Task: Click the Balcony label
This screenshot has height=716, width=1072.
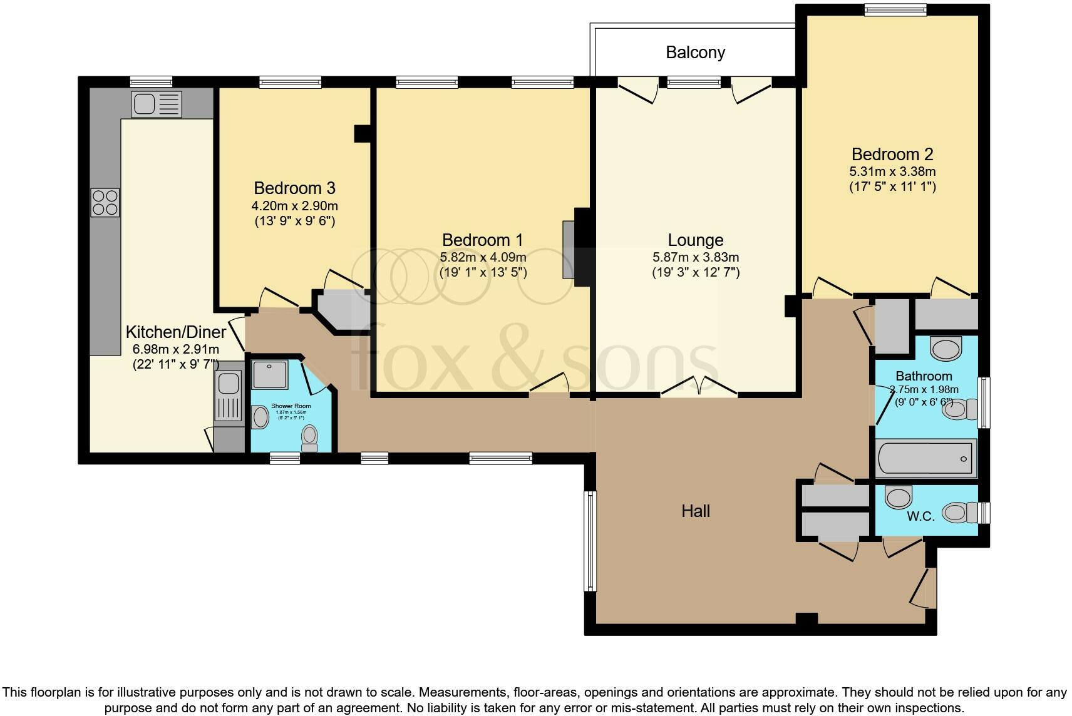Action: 695,52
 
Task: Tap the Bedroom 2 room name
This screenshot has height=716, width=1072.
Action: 892,154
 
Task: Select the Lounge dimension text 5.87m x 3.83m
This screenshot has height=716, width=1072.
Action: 695,257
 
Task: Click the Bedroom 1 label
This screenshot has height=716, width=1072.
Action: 482,240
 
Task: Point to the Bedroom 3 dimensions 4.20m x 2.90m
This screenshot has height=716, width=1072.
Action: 294,205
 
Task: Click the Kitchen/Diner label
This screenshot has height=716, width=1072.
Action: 175,332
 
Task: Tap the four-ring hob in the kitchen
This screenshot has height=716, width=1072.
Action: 105,202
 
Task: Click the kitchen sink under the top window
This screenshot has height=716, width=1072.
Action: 156,104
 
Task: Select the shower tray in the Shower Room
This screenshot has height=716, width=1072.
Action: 271,374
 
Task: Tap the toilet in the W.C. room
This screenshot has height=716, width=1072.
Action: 959,513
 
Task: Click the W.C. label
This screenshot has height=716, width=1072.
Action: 920,516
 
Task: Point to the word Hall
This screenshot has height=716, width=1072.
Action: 695,511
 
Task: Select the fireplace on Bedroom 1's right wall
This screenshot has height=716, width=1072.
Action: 568,249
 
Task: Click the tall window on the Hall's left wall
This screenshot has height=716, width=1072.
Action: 590,541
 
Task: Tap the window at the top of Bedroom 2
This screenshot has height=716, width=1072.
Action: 894,9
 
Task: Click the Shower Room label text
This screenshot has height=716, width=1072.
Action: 291,406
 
